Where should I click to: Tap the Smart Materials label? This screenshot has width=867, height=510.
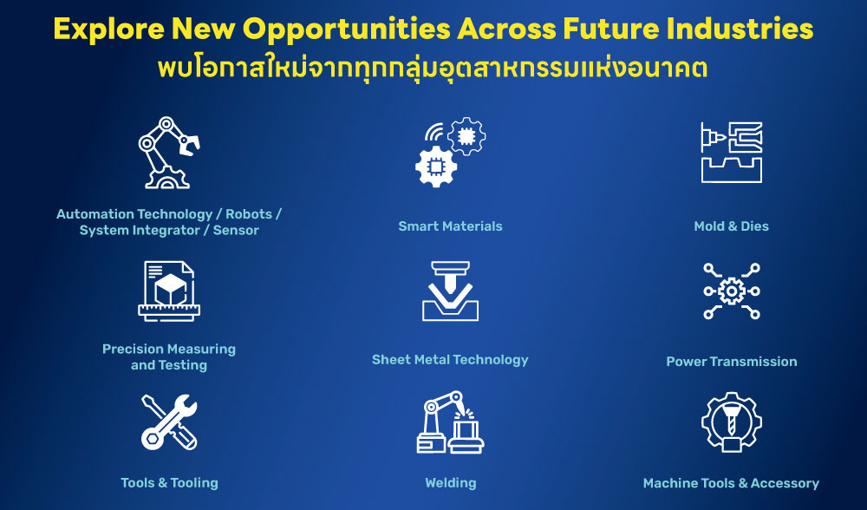[450, 226]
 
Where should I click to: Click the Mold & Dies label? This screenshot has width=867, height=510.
[731, 226]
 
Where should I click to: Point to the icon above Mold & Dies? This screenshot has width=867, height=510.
[731, 152]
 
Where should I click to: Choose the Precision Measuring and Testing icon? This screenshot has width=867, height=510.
[169, 291]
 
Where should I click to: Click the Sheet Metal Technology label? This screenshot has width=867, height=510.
[450, 359]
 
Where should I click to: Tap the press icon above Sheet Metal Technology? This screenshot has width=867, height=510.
[450, 291]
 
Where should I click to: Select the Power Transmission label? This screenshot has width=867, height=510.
[731, 362]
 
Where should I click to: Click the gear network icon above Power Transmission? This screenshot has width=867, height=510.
[731, 291]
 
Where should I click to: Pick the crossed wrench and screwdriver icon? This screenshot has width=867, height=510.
[169, 422]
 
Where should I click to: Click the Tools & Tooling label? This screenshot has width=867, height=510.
[169, 483]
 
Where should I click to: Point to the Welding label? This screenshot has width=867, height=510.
[450, 483]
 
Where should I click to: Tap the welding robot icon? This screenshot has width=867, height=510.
[450, 422]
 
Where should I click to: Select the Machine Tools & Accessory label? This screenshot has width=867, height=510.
[731, 483]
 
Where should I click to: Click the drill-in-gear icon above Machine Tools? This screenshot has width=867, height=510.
[731, 422]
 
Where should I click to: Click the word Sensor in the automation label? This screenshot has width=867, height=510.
[236, 231]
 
